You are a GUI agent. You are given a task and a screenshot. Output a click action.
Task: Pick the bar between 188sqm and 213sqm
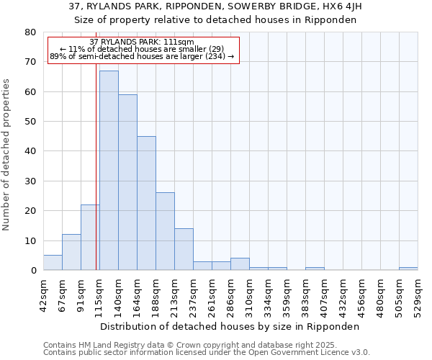[x=165, y=231]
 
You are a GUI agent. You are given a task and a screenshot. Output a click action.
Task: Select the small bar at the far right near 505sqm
[x=408, y=269]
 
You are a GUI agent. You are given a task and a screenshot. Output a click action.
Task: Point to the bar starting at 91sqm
[x=90, y=238]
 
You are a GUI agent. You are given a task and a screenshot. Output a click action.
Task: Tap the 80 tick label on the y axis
[x=30, y=32]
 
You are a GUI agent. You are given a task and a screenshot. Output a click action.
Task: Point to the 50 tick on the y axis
[x=30, y=122]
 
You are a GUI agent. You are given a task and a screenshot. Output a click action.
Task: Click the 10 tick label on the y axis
[x=30, y=240]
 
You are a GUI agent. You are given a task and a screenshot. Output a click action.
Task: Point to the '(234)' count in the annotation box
[x=213, y=56]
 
